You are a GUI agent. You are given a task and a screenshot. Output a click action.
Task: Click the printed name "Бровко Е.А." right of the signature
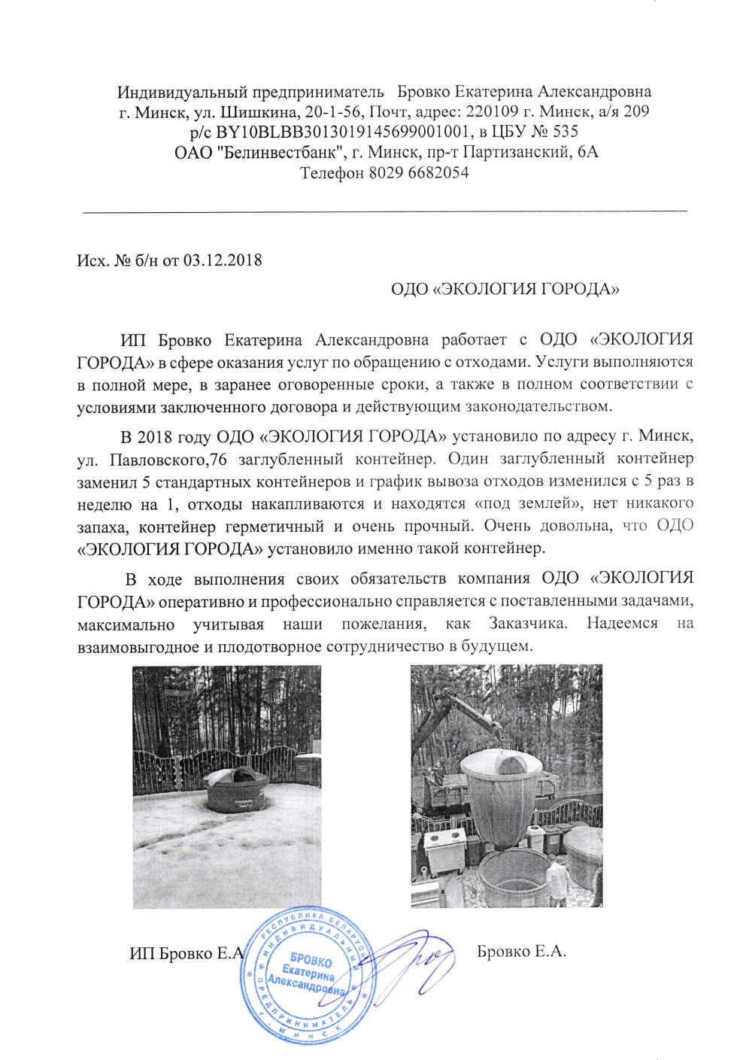pyautogui.click(x=521, y=952)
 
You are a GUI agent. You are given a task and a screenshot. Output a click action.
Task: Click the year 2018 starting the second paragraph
pyautogui.click(x=154, y=437)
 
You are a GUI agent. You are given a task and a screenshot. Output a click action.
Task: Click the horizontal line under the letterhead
pyautogui.click(x=384, y=211)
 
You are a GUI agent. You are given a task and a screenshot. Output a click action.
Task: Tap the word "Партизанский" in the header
pyautogui.click(x=513, y=153)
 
